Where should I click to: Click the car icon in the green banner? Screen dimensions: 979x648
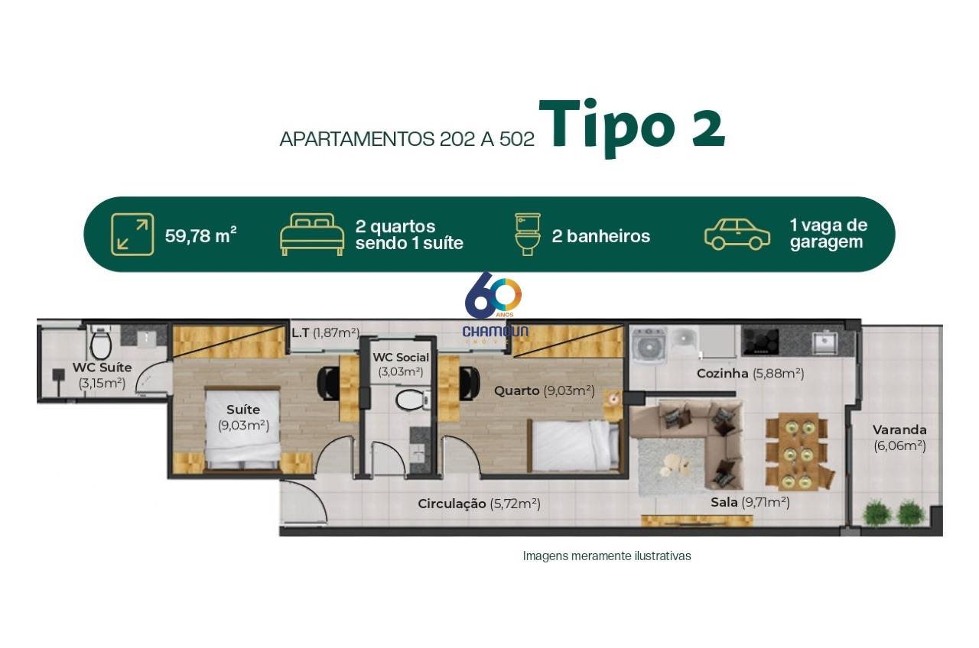point(737,235)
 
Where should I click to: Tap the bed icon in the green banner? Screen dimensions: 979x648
point(312,235)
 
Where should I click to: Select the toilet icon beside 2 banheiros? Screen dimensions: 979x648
point(528,235)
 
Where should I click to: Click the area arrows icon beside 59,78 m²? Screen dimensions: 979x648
point(132,235)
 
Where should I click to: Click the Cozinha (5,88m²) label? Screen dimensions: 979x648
point(750,374)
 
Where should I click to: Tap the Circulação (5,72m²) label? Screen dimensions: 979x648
point(479,504)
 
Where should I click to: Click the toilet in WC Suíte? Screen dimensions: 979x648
point(101,343)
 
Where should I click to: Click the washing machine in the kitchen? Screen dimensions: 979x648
point(649,346)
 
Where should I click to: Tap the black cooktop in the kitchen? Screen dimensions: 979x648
point(760,341)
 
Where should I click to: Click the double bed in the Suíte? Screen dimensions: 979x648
point(243,429)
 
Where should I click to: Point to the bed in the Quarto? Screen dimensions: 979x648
point(574,446)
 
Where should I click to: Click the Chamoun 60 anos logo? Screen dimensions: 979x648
point(495,308)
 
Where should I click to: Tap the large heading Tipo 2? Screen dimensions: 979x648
point(632,127)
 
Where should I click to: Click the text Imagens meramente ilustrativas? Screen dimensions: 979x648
point(607,556)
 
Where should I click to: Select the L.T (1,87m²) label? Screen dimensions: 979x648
point(326,332)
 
